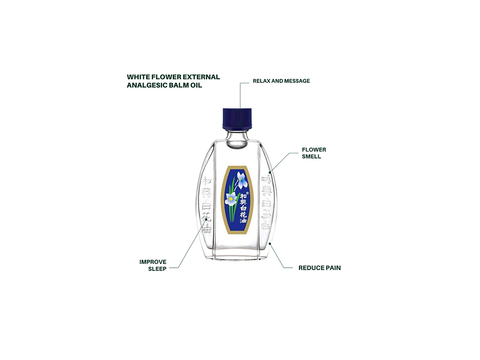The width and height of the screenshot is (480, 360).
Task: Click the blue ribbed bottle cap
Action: pyautogui.click(x=237, y=119)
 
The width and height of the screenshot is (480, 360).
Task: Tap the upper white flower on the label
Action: pyautogui.click(x=242, y=180)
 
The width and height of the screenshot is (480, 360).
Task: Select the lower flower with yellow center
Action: pyautogui.click(x=231, y=199)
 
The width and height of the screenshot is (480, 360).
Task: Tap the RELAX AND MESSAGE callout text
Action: pyautogui.click(x=281, y=81)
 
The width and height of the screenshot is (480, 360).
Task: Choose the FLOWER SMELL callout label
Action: pyautogui.click(x=314, y=153)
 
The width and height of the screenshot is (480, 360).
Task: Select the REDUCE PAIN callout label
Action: pyautogui.click(x=320, y=268)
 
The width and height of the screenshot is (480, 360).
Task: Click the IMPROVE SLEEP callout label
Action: pyautogui.click(x=153, y=265)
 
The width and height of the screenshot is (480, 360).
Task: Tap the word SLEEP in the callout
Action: pyautogui.click(x=157, y=269)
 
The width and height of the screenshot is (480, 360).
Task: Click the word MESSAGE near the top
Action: pyautogui.click(x=297, y=81)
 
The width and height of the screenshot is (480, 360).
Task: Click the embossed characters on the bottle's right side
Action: pyautogui.click(x=267, y=203)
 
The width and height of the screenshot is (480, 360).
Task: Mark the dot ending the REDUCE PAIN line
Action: pyautogui.click(x=270, y=244)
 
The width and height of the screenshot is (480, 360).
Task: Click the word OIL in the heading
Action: pyautogui.click(x=195, y=86)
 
